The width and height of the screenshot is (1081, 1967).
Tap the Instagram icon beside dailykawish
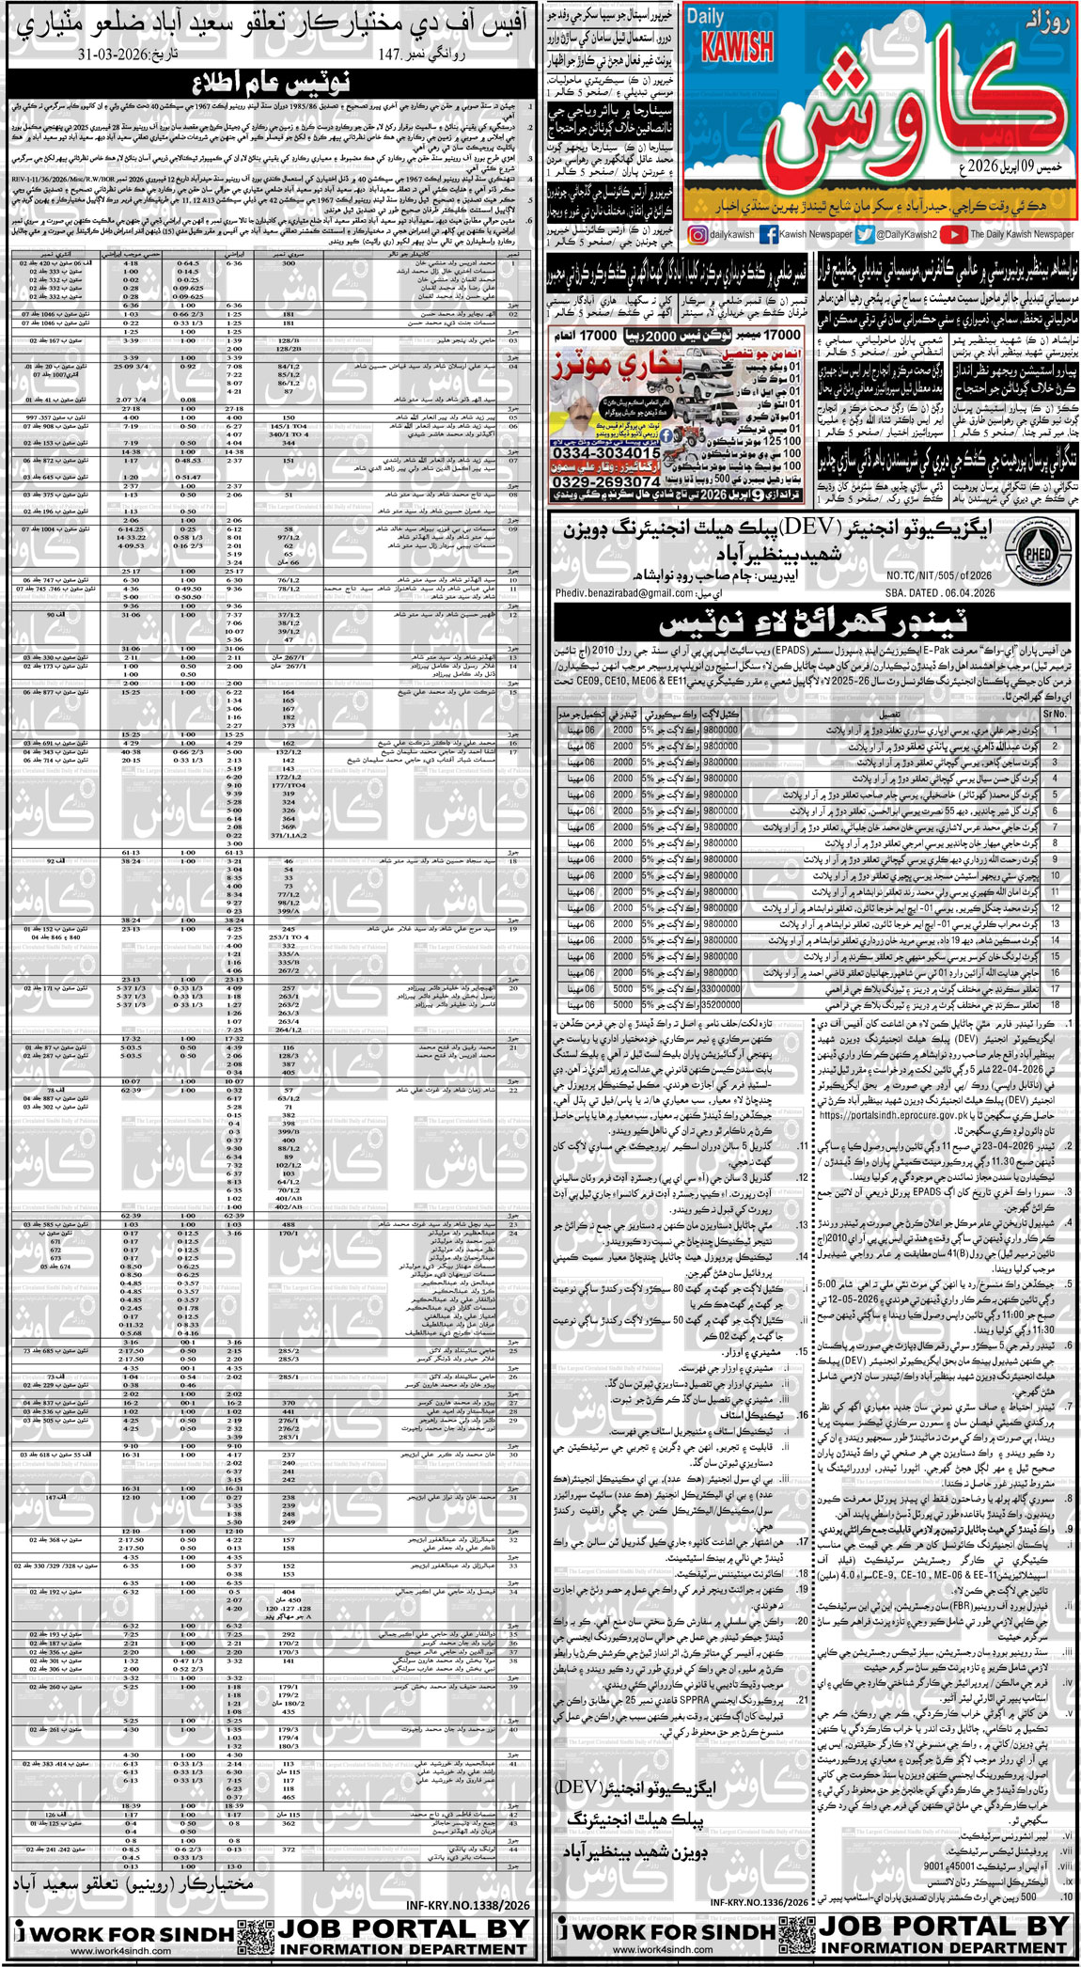[x=697, y=235]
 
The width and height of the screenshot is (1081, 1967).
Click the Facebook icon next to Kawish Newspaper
[x=768, y=235]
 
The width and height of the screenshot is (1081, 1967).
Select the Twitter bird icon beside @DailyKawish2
[x=865, y=235]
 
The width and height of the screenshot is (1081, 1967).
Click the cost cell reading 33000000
[x=720, y=989]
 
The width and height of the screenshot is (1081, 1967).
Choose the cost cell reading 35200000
[x=720, y=1005]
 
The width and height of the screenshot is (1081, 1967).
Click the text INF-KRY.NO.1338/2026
[x=468, y=1905]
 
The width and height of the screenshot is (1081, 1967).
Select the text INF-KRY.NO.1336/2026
[x=759, y=1902]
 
